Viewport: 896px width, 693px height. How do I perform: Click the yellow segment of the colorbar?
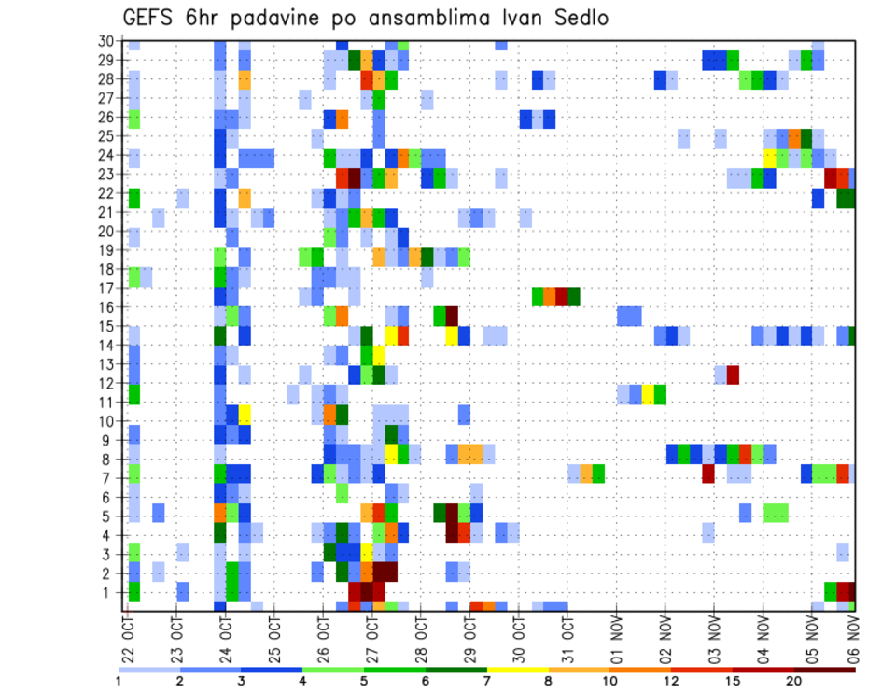pyautogui.click(x=518, y=669)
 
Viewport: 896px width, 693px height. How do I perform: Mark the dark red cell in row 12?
pyautogui.click(x=733, y=375)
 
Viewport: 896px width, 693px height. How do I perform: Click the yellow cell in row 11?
pyautogui.click(x=648, y=393)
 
